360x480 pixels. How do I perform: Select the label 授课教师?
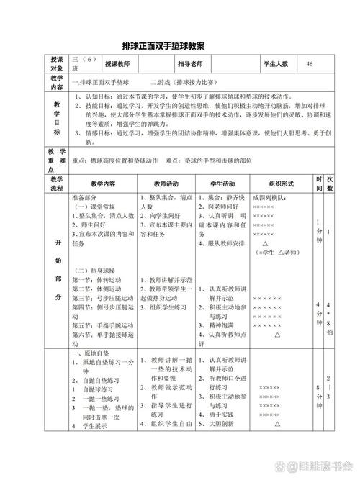tap(118, 64)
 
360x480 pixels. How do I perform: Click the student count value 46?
tap(310, 64)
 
